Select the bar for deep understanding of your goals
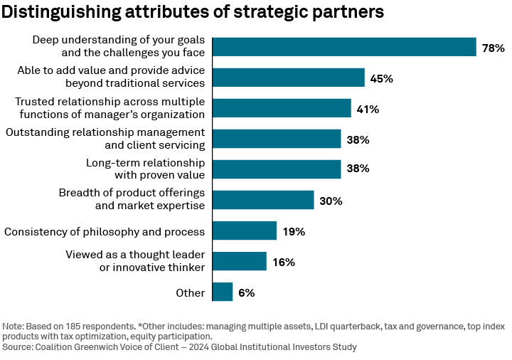[x=344, y=47]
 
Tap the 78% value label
[x=493, y=48]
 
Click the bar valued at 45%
[x=288, y=78]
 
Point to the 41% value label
[x=368, y=110]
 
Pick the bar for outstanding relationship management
[x=277, y=139]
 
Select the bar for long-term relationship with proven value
[x=277, y=169]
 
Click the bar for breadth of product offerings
[x=263, y=200]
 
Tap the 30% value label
[x=331, y=201]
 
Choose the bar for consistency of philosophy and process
[x=245, y=231]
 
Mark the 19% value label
[x=293, y=232]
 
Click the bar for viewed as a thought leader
[x=240, y=261]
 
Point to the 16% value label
[x=283, y=263]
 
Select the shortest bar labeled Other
[x=223, y=292]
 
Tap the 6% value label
[x=246, y=293]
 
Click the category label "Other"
[x=190, y=293]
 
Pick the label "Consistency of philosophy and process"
[x=105, y=232]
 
